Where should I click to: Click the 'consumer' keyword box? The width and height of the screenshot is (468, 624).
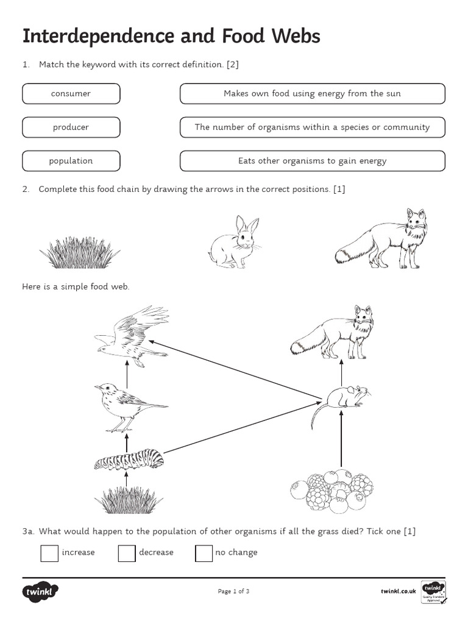pos(71,94)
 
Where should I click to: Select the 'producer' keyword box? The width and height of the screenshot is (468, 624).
pos(71,127)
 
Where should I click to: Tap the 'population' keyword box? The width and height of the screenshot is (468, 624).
pos(71,161)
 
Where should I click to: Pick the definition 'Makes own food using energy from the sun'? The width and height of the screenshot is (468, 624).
pos(312,94)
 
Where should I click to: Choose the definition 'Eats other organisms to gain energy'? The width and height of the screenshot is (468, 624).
pos(312,161)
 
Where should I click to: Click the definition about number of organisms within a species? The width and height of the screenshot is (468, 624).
pos(312,127)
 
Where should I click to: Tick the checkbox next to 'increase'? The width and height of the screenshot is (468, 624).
pos(49,553)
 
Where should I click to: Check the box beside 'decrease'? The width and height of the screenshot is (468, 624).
pos(127,553)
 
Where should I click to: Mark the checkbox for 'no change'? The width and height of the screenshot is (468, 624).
pos(204,553)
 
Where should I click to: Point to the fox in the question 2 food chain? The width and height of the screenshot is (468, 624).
pos(384,241)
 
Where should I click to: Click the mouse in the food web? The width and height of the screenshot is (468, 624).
pos(341,400)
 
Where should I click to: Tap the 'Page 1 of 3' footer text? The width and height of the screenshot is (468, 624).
pos(233,591)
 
